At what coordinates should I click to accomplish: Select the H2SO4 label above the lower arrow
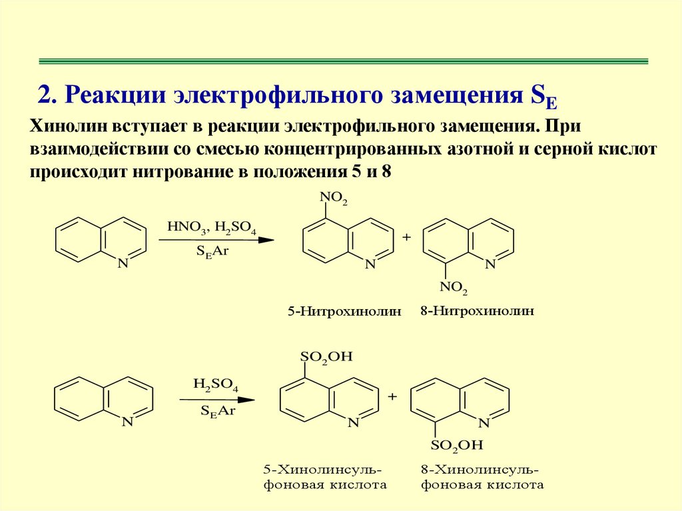216,385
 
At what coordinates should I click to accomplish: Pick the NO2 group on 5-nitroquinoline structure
334,198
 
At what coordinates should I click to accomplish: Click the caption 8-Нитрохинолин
478,310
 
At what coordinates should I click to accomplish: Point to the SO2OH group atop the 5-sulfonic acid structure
326,357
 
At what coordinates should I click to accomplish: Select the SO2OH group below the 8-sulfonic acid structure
456,445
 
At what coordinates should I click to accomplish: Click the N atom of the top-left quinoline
122,264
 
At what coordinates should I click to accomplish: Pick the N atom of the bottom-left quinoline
127,422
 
